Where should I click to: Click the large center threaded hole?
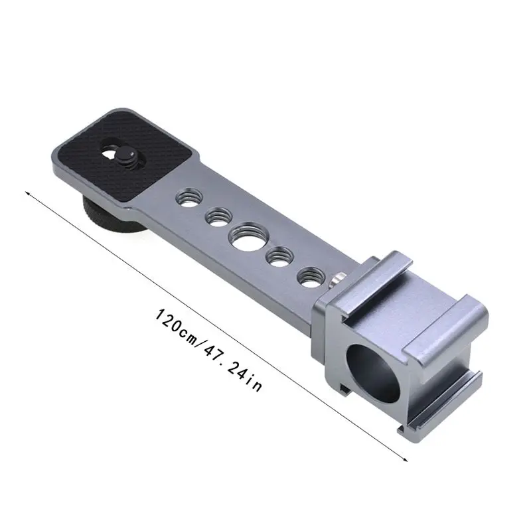coord(248,237)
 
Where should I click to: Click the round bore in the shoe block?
coord(374,373)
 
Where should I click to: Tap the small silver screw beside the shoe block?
coord(336,278)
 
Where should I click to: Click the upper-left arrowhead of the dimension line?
coord(27,193)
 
